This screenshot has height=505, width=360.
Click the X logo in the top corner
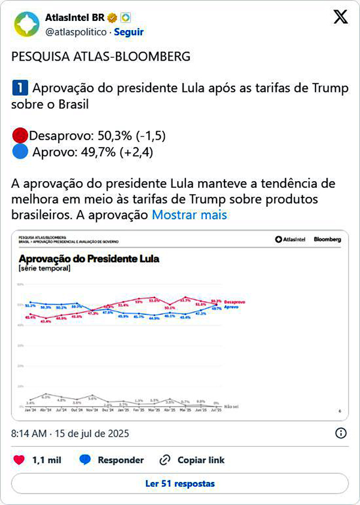coord(340,17)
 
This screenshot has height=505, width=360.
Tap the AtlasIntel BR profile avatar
coord(26,25)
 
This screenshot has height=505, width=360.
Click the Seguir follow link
coord(128,32)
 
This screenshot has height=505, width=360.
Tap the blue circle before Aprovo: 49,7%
coord(19,152)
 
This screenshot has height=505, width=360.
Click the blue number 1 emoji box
coord(19,89)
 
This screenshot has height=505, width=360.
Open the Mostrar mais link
coord(189,215)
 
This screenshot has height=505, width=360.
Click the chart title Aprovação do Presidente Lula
coord(89,258)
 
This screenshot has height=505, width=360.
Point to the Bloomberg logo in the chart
coord(327,239)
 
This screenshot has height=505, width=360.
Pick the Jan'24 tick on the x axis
coord(30,411)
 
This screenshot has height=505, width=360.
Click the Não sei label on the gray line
coord(230,406)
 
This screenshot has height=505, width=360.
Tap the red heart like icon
coord(19,460)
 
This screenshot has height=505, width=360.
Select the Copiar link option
coord(192,460)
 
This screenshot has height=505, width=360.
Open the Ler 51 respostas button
coord(180,483)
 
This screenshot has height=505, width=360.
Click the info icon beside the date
coord(340,432)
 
